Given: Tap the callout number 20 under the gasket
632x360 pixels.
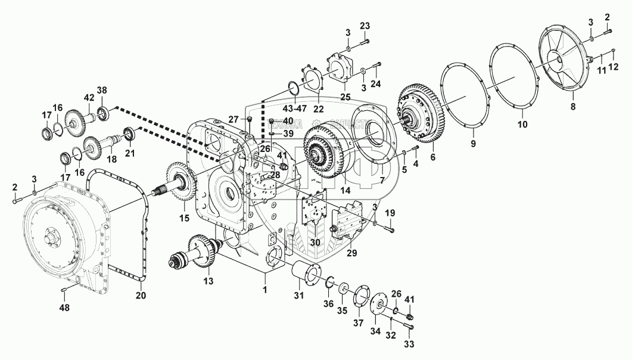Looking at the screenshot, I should [x=141, y=294].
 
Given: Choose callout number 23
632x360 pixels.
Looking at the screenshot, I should [x=365, y=26].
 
